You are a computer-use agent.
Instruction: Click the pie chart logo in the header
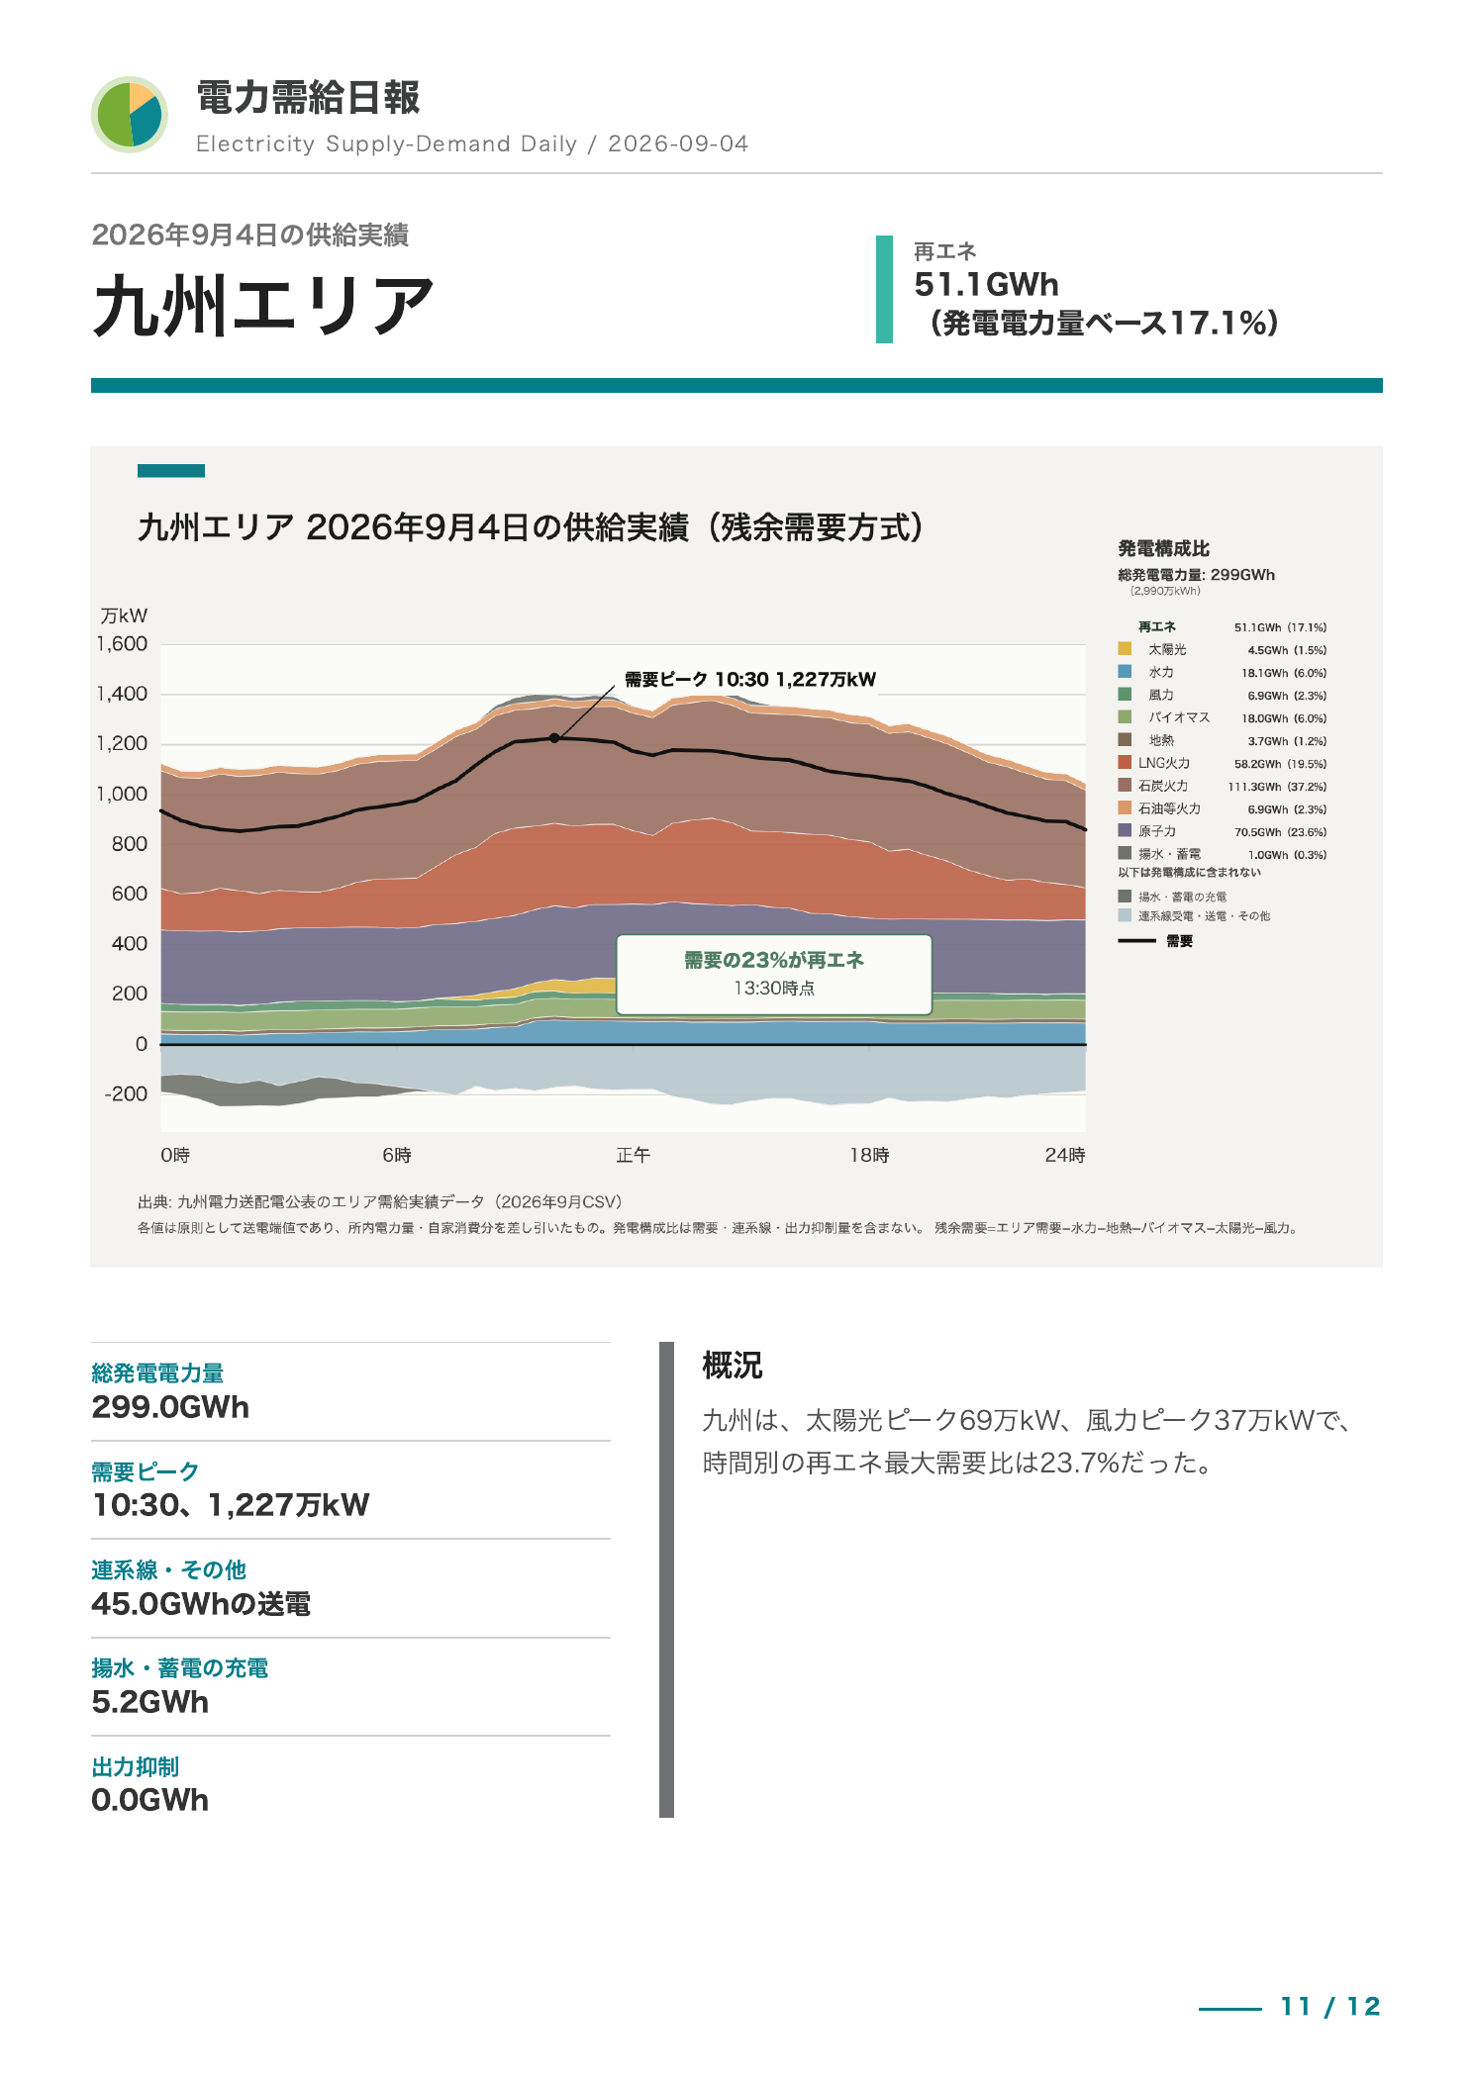tap(130, 115)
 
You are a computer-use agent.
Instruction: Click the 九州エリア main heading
tap(263, 306)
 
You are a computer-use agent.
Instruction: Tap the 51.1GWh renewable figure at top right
tap(986, 285)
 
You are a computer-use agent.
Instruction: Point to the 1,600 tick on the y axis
tap(122, 644)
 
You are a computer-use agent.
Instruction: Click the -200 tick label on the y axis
tap(126, 1093)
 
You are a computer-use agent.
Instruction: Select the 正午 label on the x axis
tap(634, 1155)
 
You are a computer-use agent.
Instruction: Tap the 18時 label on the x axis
tap(869, 1155)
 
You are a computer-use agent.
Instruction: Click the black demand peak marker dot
tap(554, 738)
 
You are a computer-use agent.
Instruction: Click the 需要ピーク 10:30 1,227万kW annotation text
tap(750, 679)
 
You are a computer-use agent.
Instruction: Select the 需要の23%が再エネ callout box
tap(774, 975)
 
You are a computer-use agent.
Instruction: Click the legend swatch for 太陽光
tap(1125, 649)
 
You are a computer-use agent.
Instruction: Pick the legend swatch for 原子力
tap(1125, 830)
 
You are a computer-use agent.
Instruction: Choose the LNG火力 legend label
tap(1164, 763)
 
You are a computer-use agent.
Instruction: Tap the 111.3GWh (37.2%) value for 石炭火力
tap(1277, 787)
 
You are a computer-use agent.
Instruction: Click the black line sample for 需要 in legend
tap(1136, 941)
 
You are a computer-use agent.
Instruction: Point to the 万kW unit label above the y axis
tap(124, 615)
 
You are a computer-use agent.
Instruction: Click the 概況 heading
tap(733, 1366)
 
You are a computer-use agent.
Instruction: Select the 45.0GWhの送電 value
tap(201, 1604)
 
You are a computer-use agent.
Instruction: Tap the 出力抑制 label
tap(136, 1766)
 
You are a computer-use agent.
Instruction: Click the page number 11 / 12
tap(1330, 2006)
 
